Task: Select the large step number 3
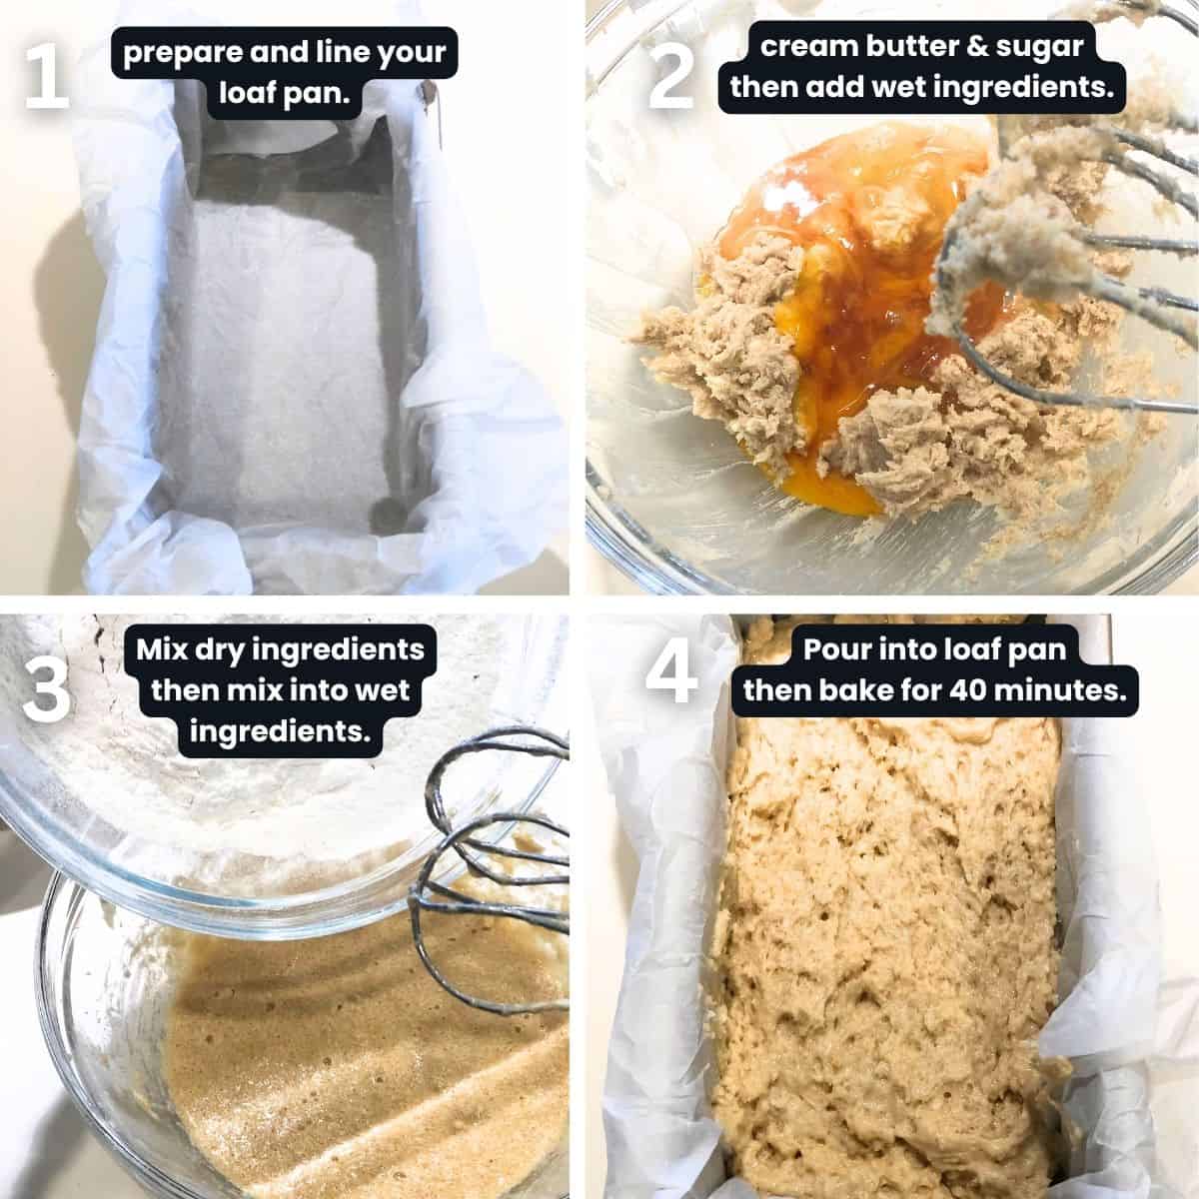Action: pyautogui.click(x=47, y=688)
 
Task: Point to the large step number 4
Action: pyautogui.click(x=671, y=671)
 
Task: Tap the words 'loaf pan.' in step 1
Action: pyautogui.click(x=284, y=94)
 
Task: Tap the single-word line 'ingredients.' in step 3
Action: pyautogui.click(x=280, y=731)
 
